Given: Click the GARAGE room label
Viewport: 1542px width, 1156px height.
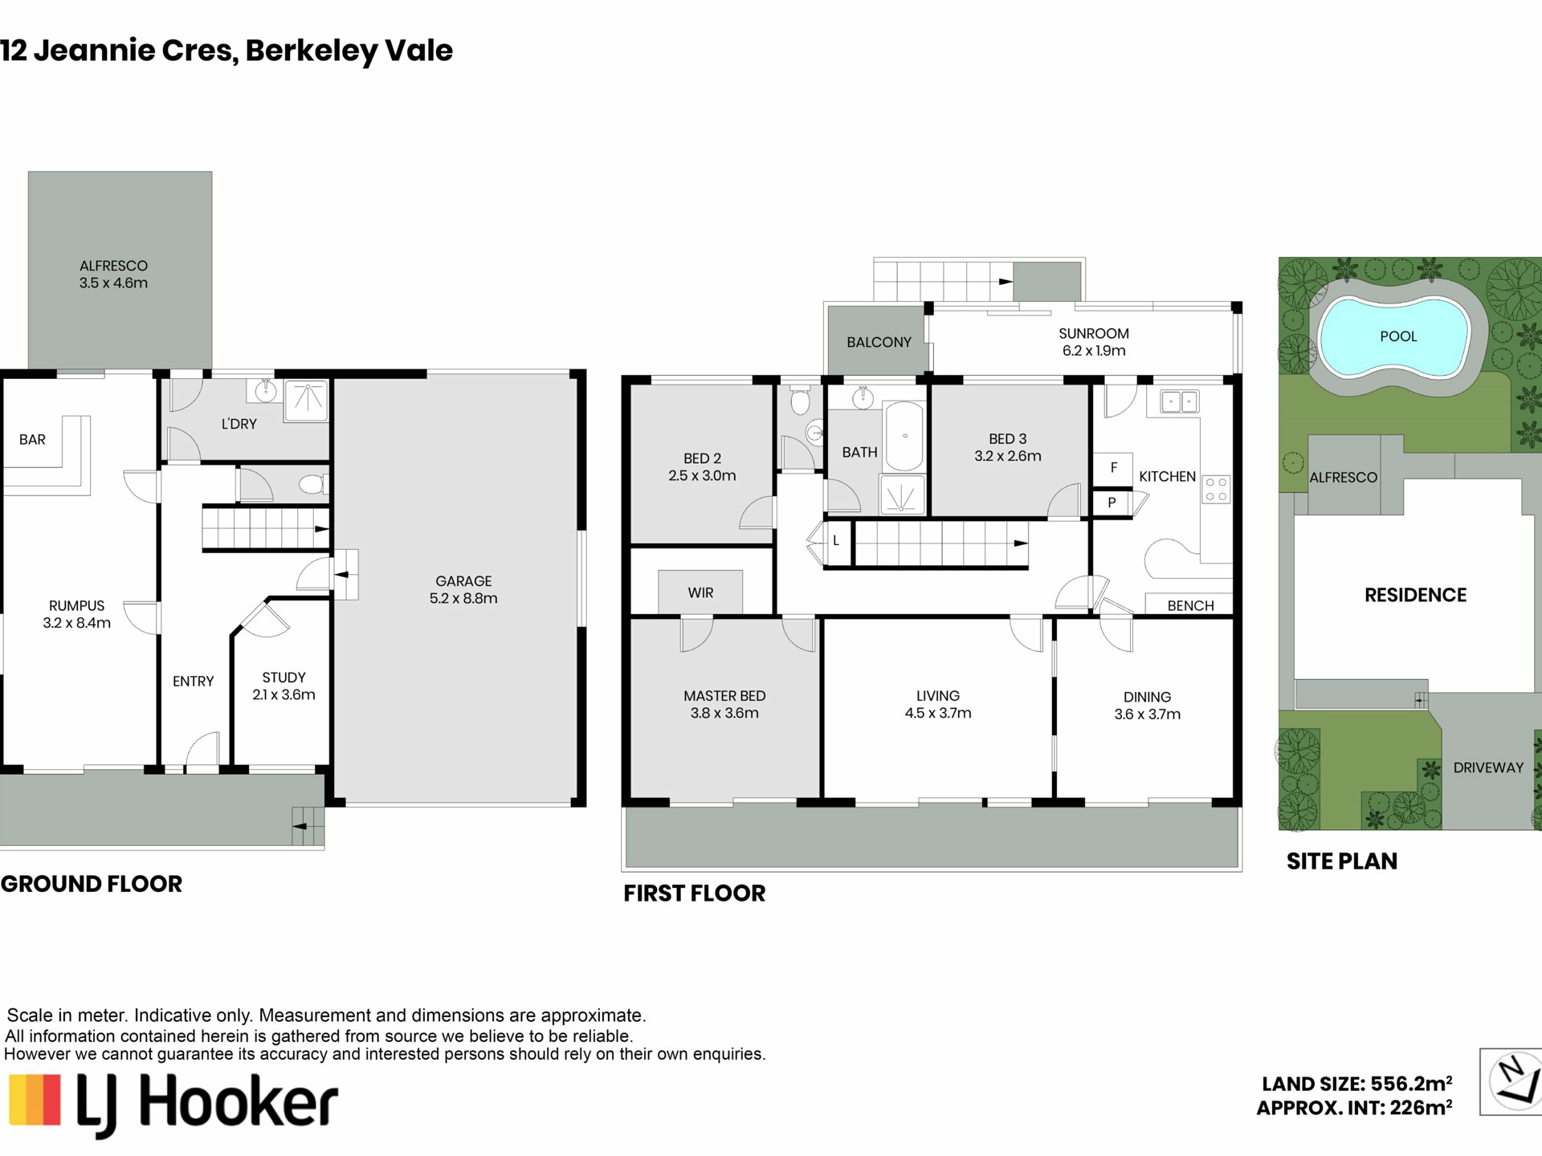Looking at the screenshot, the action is click(x=463, y=580).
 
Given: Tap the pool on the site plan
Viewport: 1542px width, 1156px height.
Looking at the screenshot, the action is click(x=1397, y=337).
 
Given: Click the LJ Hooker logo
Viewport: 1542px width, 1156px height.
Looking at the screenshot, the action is click(x=173, y=1104).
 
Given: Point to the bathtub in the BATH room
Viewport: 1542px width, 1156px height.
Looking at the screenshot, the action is click(x=904, y=437).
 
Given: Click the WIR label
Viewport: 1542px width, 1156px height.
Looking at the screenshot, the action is click(x=700, y=592).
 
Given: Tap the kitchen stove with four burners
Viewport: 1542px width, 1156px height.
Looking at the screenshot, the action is click(x=1216, y=490).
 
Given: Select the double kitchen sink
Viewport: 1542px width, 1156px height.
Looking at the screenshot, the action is click(x=1180, y=401).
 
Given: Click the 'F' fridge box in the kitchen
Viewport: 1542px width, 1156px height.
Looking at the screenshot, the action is click(x=1113, y=468).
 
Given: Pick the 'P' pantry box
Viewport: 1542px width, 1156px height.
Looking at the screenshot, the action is click(x=1112, y=503).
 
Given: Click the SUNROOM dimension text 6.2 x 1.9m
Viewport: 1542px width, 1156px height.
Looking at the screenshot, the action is click(x=1094, y=351).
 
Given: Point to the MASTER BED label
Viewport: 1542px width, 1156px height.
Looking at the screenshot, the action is click(x=724, y=696).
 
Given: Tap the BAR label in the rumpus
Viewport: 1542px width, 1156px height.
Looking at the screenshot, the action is click(x=32, y=439).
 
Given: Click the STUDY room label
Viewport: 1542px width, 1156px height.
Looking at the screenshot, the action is click(x=284, y=678).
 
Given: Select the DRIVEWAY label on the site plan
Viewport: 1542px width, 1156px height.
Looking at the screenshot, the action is click(x=1488, y=767).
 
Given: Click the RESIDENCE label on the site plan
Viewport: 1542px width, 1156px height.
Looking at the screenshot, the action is click(x=1415, y=595).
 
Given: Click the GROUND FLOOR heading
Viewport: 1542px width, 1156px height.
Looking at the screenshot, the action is click(x=92, y=884).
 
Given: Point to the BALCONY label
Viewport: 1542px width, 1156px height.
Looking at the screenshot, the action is click(x=879, y=342).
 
